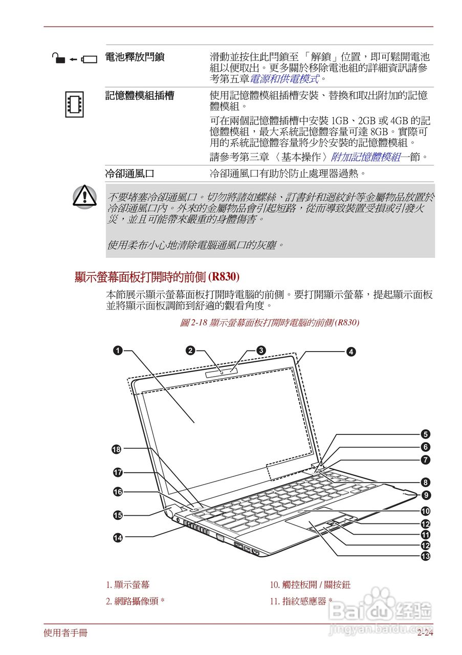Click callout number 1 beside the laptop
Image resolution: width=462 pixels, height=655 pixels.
118,351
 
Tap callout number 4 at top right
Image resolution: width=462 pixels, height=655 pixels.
351,352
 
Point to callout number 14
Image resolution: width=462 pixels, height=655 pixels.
118,537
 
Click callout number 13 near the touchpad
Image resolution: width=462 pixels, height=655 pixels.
425,556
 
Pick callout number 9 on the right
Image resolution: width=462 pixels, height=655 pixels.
425,495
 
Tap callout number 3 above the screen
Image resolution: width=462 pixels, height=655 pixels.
261,351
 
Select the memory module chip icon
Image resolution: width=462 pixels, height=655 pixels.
74,102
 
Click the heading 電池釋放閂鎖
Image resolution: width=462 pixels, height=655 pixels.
135,57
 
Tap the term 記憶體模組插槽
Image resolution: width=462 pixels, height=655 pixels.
140,96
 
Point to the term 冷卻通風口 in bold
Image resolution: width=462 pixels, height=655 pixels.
129,173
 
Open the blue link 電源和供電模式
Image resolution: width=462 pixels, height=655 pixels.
284,79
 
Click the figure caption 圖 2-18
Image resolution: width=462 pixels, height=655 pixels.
270,322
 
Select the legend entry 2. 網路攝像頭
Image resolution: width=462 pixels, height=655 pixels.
135,601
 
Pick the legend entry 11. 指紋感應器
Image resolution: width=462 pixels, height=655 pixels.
301,601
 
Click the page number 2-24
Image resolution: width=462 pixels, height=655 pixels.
425,634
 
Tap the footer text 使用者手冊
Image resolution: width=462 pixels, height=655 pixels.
65,634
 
